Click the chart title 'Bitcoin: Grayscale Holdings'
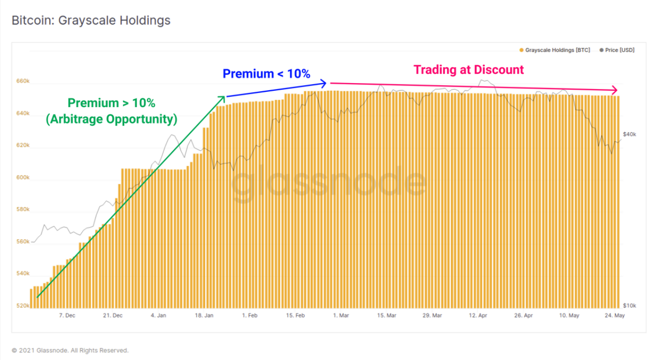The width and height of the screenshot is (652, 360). [x=91, y=21]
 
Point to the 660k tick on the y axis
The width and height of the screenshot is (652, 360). [x=23, y=81]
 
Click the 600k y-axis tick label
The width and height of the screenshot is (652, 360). [x=23, y=177]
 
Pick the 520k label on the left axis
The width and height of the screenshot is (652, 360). [x=23, y=306]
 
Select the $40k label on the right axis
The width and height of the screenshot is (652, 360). [x=629, y=134]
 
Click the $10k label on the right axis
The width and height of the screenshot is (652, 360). [x=629, y=306]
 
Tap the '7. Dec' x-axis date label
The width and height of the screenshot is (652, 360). [x=67, y=316]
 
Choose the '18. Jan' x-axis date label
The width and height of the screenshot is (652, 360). [x=205, y=316]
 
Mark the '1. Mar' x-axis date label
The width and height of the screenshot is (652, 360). [x=341, y=316]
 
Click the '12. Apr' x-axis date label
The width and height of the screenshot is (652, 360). [x=479, y=316]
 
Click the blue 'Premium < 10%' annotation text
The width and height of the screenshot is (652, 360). [x=266, y=74]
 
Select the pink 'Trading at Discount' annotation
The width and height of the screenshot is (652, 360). [x=468, y=70]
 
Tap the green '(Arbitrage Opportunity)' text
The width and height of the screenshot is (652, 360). [x=111, y=119]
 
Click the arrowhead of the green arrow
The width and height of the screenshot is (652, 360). [x=223, y=97]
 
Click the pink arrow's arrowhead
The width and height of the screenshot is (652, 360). [x=615, y=90]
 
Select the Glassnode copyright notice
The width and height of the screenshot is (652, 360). [x=70, y=351]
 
